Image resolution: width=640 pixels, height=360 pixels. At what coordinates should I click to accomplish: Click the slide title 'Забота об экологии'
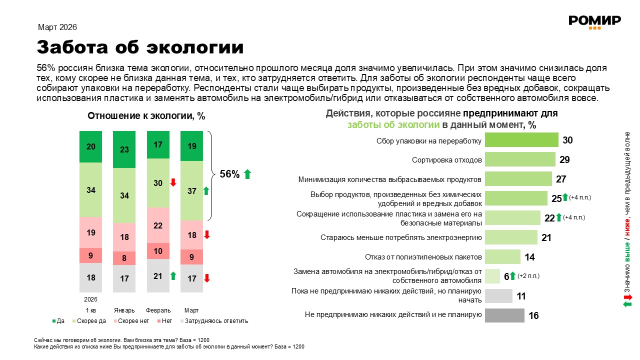coord(140,47)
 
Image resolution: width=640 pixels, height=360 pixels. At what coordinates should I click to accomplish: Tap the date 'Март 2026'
coord(57,27)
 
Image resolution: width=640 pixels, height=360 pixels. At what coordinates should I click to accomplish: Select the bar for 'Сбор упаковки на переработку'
coord(521,140)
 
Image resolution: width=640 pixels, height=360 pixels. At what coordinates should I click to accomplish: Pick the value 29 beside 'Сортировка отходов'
coord(565,160)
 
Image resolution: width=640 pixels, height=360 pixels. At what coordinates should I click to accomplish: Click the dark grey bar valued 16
coord(504,315)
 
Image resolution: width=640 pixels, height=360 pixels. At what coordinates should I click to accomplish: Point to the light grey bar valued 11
coord(498,296)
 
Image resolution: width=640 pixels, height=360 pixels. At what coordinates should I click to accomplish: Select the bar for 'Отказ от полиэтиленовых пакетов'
coord(502,257)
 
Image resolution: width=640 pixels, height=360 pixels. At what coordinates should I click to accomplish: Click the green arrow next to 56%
coord(247,174)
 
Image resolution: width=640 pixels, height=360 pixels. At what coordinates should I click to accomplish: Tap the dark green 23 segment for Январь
coord(124,149)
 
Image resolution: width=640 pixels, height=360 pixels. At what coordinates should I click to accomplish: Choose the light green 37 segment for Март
coord(191,190)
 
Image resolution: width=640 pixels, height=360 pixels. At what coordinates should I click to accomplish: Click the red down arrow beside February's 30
coord(173,182)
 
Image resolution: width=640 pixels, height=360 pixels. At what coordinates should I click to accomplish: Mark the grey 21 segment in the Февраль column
coord(158,275)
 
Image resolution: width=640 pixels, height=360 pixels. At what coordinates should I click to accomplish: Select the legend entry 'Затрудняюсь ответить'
coord(215,321)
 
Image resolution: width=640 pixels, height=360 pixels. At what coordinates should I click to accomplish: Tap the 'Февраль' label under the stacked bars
coord(158,309)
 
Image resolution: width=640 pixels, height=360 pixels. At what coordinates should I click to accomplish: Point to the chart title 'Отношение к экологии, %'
coord(146,116)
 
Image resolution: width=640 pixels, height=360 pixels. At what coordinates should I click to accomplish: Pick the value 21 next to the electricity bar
coord(546,237)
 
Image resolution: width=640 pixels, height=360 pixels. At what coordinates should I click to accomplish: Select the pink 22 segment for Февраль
coord(158,225)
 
